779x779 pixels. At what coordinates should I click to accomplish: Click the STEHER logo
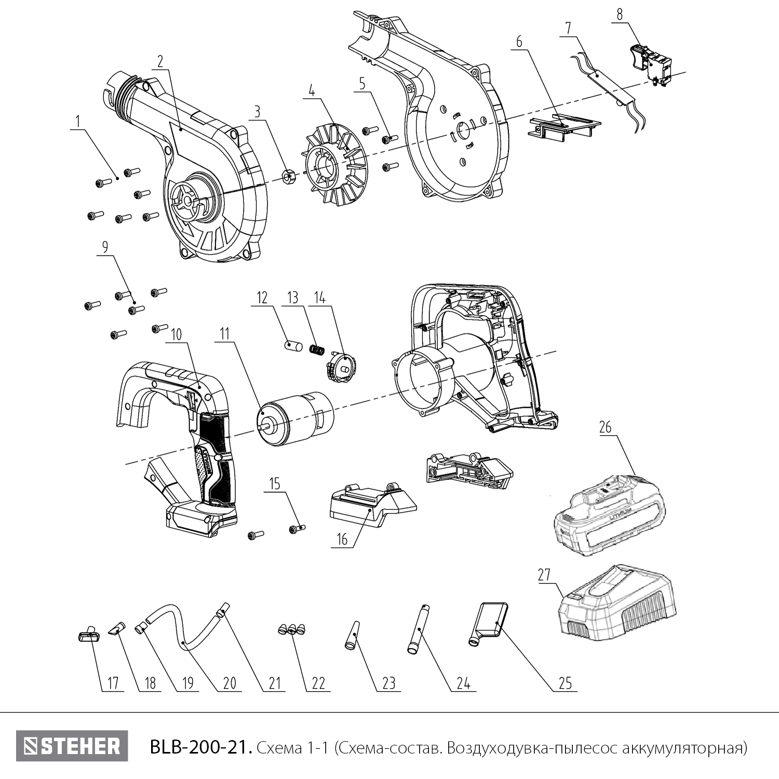coord(72,746)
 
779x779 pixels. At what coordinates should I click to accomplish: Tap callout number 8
coord(620,15)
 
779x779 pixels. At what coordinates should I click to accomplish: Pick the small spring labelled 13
coord(316,350)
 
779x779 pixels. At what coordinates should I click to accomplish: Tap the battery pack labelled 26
coord(609,514)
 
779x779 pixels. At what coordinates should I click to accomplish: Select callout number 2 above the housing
coord(160,61)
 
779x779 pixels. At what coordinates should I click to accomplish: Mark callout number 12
coord(262,298)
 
